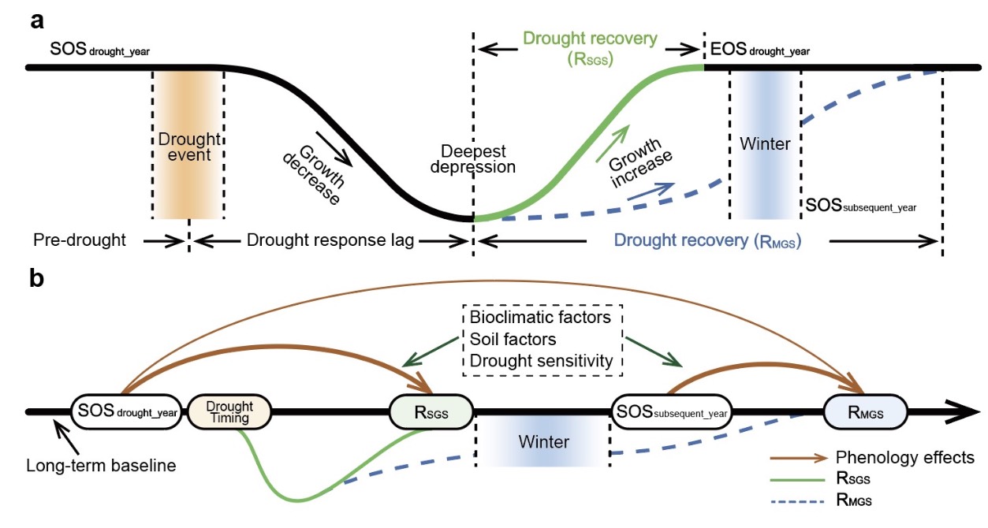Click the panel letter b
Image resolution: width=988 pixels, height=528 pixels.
tap(37, 280)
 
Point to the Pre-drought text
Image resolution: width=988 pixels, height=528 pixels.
tap(80, 240)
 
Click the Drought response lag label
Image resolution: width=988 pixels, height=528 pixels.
tap(330, 240)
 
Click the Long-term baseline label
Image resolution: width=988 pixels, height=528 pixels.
tap(101, 465)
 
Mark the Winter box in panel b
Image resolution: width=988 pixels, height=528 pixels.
tap(543, 441)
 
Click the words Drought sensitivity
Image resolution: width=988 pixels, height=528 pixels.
tap(540, 361)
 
